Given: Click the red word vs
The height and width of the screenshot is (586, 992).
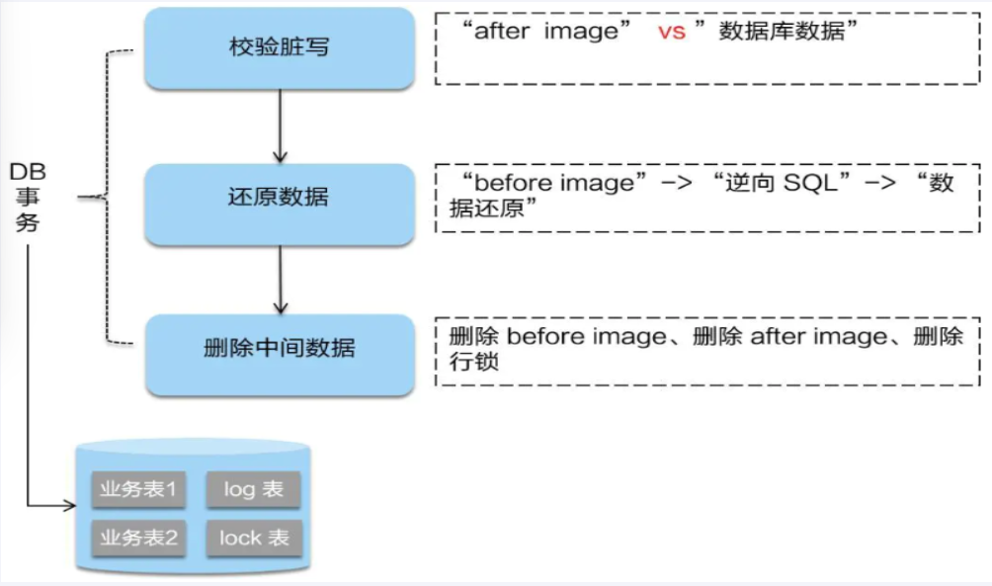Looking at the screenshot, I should [672, 32].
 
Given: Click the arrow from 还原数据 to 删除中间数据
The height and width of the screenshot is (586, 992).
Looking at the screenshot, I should [280, 279].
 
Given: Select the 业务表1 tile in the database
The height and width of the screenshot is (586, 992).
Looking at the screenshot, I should [138, 489].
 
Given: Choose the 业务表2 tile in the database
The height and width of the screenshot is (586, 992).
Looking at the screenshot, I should [138, 538].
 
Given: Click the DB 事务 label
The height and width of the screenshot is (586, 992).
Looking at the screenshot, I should [28, 198].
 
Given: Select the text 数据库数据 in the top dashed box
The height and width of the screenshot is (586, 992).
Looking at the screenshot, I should [783, 32].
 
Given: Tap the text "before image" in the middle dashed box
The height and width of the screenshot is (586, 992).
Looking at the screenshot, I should [553, 183].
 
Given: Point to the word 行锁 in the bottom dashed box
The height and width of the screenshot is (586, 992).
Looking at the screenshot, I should [467, 362].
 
